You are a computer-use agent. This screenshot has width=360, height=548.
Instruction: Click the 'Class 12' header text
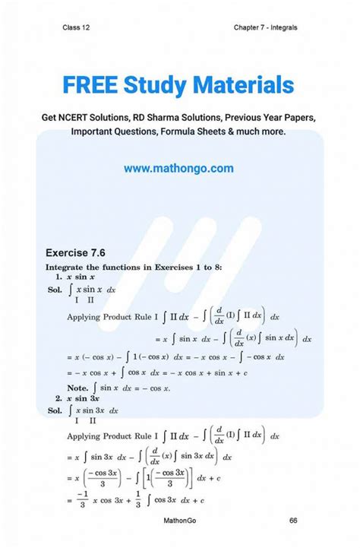pyautogui.click(x=77, y=28)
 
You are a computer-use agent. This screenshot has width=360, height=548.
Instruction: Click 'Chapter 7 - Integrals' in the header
pyautogui.click(x=266, y=28)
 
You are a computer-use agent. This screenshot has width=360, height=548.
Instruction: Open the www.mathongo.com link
pyautogui.click(x=178, y=168)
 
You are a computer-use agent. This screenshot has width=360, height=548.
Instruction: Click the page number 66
pyautogui.click(x=293, y=521)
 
